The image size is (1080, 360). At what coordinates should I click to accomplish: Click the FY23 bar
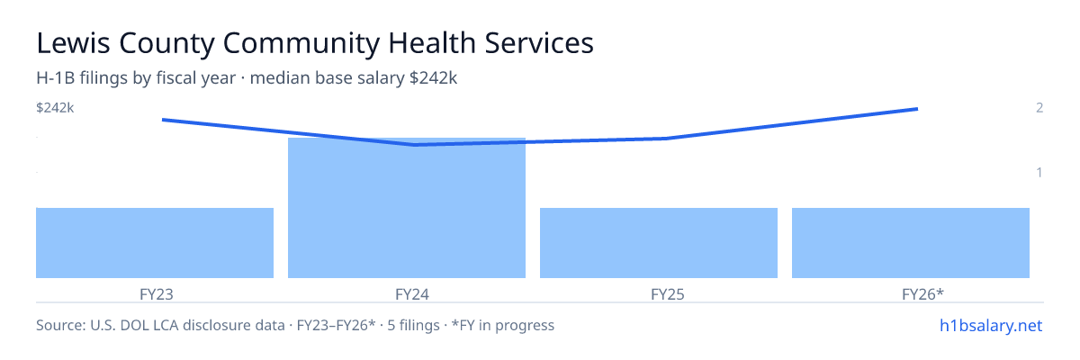pos(155,243)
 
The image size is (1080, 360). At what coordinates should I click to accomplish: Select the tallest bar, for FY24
pos(407,208)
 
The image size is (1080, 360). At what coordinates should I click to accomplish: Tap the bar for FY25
pos(659,243)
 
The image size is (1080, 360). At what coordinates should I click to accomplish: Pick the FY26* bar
pos(911,243)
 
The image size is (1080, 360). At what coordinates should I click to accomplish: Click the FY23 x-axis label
pos(157,294)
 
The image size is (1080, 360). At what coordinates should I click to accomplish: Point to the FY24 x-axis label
pos(412,294)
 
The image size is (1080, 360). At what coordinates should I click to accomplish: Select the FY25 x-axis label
pos(667,294)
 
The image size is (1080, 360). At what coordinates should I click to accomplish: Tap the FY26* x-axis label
pos(922,294)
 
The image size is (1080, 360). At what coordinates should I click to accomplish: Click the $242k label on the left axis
pos(55,108)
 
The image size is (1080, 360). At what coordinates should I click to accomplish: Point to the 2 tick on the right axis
pos(1039,107)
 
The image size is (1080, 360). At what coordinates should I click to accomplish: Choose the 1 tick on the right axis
pos(1039,172)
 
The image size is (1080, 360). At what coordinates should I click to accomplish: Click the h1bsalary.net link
pos(991,325)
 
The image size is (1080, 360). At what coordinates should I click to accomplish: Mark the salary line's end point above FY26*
pos(917,109)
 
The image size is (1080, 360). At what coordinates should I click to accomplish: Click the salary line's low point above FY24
pos(415,145)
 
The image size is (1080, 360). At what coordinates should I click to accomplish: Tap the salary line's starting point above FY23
pos(163,120)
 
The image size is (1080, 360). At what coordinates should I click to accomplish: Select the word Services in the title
pos(539,43)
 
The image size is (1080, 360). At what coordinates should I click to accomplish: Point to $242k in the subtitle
pos(433,77)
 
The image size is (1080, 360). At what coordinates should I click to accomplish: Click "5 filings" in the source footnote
pos(413,325)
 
